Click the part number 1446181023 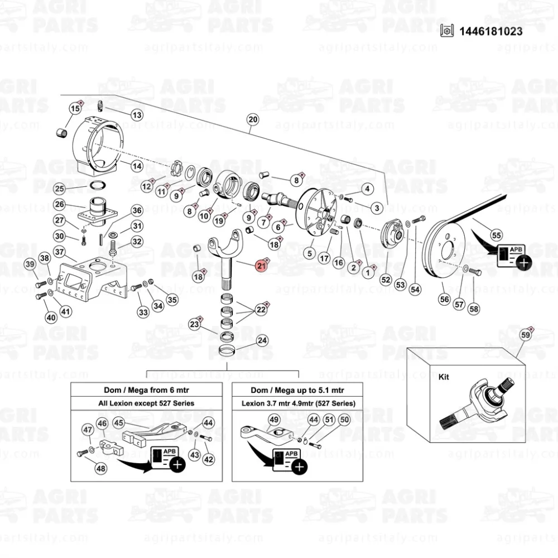[x=491, y=31]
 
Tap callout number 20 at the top [x=253, y=119]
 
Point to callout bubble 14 [x=137, y=166]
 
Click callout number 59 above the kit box [x=525, y=335]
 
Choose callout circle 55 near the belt [x=496, y=235]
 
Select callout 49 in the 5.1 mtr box [x=274, y=420]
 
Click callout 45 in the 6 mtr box [x=119, y=424]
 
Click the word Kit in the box [x=444, y=377]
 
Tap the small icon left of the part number [x=446, y=31]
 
